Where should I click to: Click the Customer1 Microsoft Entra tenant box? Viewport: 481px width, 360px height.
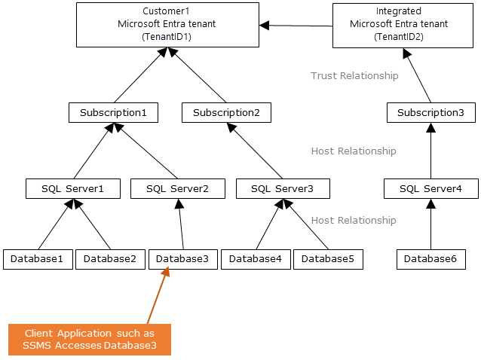[167, 24]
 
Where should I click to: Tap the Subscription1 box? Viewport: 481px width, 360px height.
[113, 113]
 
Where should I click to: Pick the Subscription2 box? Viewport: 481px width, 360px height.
[226, 113]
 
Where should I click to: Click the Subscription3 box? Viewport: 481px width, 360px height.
[431, 113]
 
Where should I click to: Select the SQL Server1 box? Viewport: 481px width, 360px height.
[73, 188]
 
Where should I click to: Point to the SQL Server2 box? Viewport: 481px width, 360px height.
[177, 188]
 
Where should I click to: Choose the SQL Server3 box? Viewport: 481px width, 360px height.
[282, 188]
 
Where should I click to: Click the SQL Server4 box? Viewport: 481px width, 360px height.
[430, 188]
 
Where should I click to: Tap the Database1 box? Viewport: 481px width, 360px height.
[38, 259]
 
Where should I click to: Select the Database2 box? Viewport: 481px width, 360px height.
[110, 259]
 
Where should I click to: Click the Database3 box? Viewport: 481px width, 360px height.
[182, 259]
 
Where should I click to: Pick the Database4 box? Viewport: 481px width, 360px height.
[255, 259]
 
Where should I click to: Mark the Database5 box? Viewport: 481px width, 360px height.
[328, 259]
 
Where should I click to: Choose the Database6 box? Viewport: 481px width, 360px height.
[430, 259]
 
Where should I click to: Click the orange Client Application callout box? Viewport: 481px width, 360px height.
[90, 340]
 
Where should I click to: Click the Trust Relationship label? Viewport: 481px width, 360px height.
[354, 76]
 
